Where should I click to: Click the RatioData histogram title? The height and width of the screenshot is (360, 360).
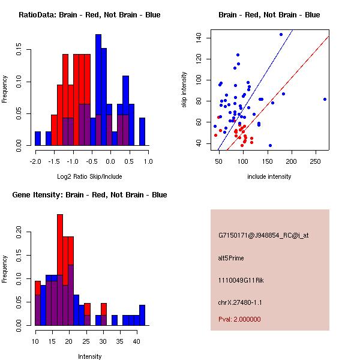pyautogui.click(x=89, y=14)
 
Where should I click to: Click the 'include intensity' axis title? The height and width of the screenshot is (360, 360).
pyautogui.click(x=269, y=176)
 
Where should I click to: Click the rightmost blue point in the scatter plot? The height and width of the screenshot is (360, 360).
pyautogui.click(x=325, y=99)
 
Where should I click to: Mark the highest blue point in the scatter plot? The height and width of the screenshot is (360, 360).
pyautogui.click(x=281, y=34)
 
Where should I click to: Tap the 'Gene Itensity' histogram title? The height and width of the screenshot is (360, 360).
pyautogui.click(x=89, y=194)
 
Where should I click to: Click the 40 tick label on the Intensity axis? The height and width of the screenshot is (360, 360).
pyautogui.click(x=136, y=341)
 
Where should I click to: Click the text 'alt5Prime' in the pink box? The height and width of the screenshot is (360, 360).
pyautogui.click(x=231, y=259)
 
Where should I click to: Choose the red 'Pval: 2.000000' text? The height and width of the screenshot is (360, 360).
pyautogui.click(x=239, y=319)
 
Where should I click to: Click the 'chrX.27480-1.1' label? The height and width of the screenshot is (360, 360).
pyautogui.click(x=240, y=302)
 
